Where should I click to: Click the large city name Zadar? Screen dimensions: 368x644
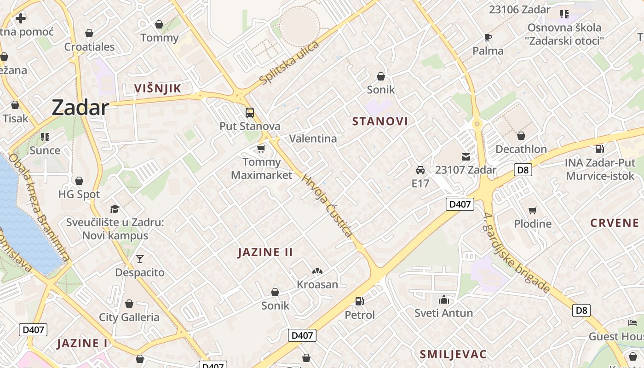click(x=80, y=108)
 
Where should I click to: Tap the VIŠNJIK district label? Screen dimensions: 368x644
click(x=157, y=88)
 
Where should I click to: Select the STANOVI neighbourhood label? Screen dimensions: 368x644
click(x=380, y=121)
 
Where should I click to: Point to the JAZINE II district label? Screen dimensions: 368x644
click(x=265, y=252)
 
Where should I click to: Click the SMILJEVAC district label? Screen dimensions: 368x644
click(x=453, y=354)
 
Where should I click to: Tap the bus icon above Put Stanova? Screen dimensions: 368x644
click(x=250, y=112)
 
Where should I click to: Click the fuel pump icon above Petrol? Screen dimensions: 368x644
click(x=360, y=301)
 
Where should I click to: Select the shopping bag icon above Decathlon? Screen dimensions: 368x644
click(x=521, y=136)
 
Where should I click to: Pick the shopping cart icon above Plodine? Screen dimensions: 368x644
click(x=533, y=210)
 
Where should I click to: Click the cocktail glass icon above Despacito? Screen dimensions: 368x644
click(x=140, y=259)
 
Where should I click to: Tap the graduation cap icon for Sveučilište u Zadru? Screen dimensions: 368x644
click(x=115, y=209)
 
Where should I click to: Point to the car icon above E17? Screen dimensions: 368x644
click(x=420, y=170)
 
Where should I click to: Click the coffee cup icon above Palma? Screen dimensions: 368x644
click(x=488, y=37)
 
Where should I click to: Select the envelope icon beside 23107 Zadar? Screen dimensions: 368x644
click(x=466, y=157)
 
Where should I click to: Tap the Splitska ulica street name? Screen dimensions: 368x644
click(x=289, y=63)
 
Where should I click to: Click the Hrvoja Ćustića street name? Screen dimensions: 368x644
click(x=327, y=206)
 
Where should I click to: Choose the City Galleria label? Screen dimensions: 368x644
click(x=129, y=317)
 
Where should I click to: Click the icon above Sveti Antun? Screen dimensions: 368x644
click(x=444, y=299)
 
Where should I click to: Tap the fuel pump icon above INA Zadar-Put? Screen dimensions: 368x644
click(x=600, y=149)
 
